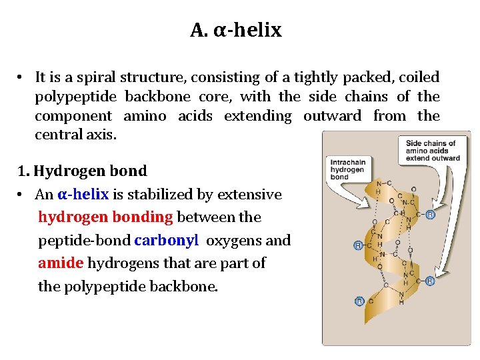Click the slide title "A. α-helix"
pyautogui.click(x=236, y=31)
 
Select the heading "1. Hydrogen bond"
pyautogui.click(x=82, y=171)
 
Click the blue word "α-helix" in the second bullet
pyautogui.click(x=83, y=195)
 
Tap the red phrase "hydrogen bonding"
pyautogui.click(x=105, y=217)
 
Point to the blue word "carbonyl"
pyautogui.click(x=166, y=240)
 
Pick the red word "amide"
pyautogui.click(x=61, y=263)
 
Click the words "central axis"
pyautogui.click(x=75, y=135)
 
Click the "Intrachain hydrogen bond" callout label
pyautogui.click(x=347, y=169)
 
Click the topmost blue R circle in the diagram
pyautogui.click(x=430, y=215)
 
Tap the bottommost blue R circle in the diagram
pyautogui.click(x=359, y=301)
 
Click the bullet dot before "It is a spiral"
pyautogui.click(x=22, y=78)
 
